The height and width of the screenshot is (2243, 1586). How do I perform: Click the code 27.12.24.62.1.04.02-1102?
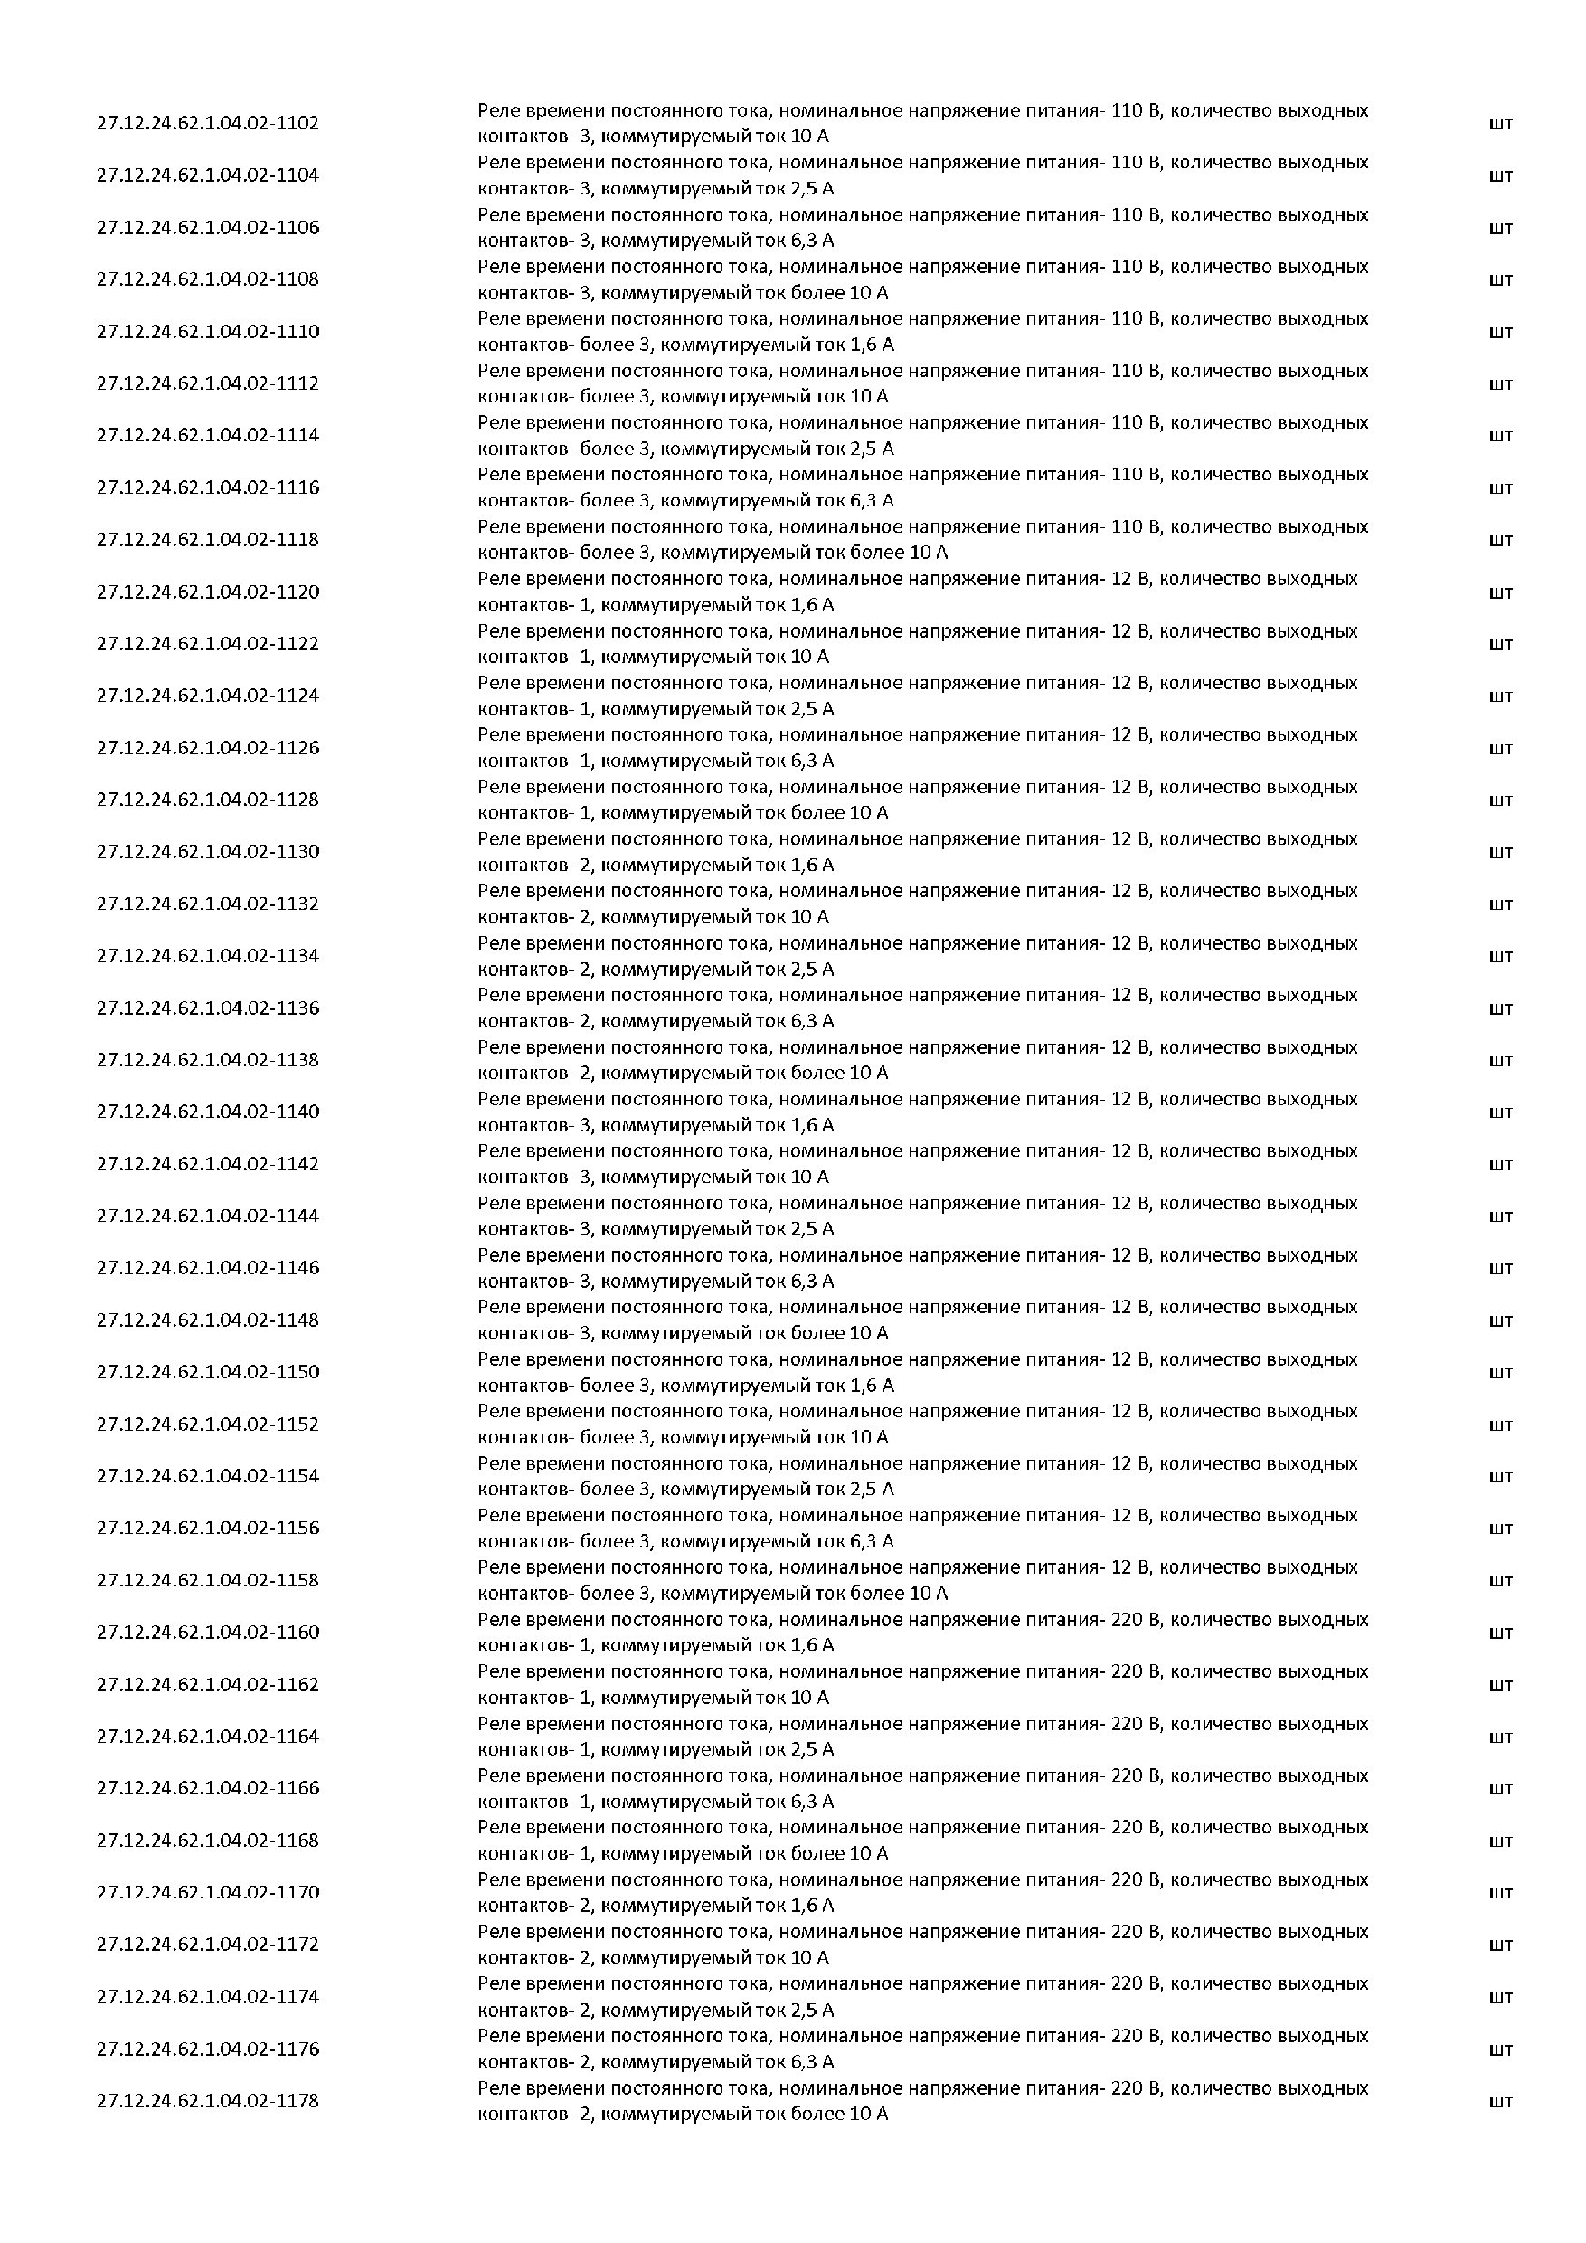coord(207,123)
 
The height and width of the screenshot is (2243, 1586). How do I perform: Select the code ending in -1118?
coord(207,539)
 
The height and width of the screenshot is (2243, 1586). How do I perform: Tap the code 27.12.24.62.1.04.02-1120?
coord(207,592)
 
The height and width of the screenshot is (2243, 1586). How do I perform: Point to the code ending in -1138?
coord(207,1060)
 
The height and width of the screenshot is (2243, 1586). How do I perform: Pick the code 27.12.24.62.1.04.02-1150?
coord(207,1372)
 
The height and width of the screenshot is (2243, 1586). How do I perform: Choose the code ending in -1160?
coord(207,1633)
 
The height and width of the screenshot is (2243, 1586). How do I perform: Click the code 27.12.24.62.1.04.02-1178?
coord(207,2100)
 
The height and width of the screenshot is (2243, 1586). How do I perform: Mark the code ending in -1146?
coord(207,1268)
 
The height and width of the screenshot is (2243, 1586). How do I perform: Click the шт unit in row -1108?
coord(1500,280)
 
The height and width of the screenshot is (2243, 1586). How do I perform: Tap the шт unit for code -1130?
coord(1500,853)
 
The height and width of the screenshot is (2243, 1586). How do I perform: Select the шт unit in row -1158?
coord(1500,1581)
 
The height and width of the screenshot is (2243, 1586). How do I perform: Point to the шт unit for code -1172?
coord(1500,1945)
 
